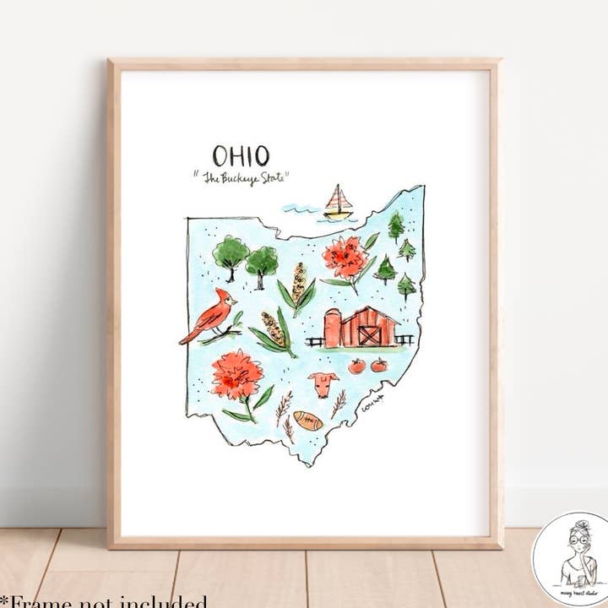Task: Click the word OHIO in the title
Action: click(x=241, y=155)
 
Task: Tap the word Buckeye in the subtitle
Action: click(x=245, y=178)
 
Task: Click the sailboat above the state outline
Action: click(x=337, y=204)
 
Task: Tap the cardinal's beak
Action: click(x=236, y=299)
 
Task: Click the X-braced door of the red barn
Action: click(x=369, y=335)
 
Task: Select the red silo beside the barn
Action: click(x=333, y=328)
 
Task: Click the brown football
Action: click(x=308, y=420)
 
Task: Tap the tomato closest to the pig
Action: click(x=356, y=366)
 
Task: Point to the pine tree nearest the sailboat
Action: click(x=395, y=225)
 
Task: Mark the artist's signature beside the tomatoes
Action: click(x=372, y=404)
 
